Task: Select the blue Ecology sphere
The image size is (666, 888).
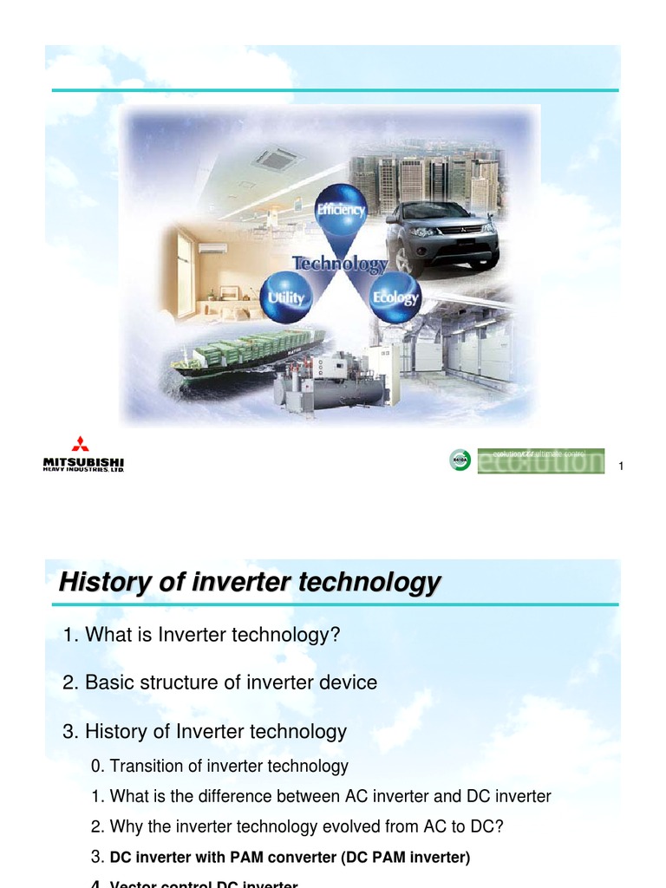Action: tap(395, 297)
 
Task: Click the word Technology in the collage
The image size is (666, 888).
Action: tap(340, 263)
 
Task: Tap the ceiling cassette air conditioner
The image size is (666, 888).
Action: tap(276, 159)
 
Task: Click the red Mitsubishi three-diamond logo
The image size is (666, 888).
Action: tap(81, 443)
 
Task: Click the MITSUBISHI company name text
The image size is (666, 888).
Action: tap(83, 460)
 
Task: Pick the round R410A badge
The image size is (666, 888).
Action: tap(460, 460)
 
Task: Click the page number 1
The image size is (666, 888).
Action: tap(621, 468)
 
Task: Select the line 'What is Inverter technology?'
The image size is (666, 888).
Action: tap(200, 635)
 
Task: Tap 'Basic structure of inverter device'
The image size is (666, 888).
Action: tap(220, 682)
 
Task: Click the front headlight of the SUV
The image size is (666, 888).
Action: tap(422, 232)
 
